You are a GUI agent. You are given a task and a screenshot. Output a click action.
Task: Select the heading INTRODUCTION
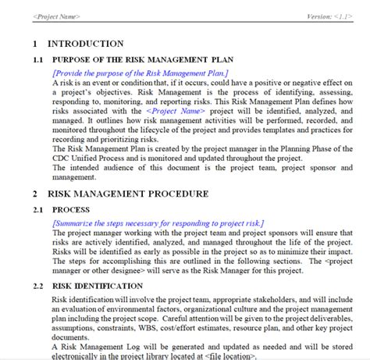click(86, 44)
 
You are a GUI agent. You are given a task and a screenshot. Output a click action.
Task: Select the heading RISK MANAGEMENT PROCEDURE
click(128, 193)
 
